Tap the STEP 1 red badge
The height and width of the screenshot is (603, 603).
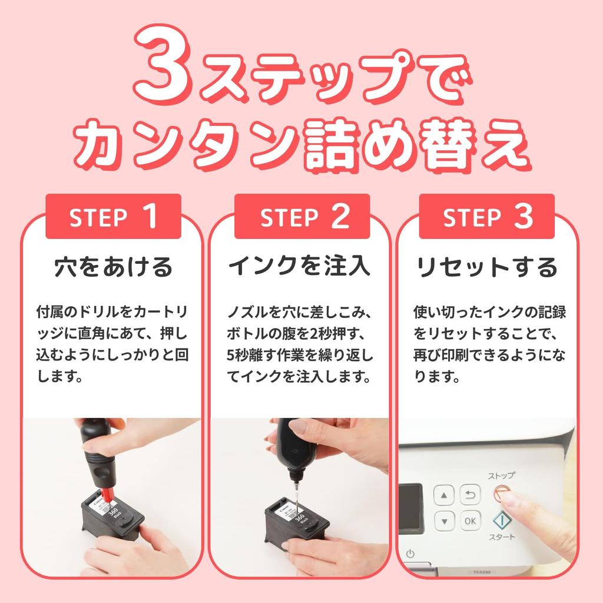113,217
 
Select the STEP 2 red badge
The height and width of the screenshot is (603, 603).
301,217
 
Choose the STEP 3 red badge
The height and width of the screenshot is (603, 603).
487,217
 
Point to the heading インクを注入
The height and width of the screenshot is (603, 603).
300,267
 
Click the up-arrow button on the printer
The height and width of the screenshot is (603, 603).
444,495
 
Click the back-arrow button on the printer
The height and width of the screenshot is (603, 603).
469,495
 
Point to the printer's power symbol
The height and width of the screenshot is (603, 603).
410,554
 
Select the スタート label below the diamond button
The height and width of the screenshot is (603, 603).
501,537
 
